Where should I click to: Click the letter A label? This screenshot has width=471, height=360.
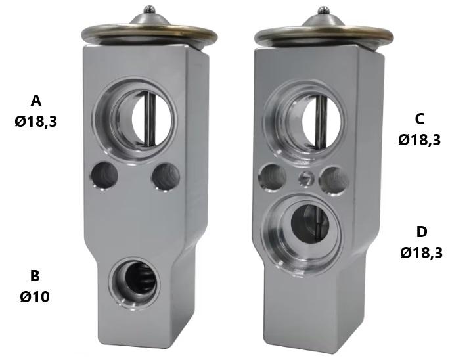click(x=35, y=101)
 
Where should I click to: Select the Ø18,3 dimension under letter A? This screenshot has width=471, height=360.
click(x=35, y=122)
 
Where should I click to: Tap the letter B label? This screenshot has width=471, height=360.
click(x=35, y=275)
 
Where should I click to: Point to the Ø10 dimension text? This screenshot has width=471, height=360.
click(x=35, y=297)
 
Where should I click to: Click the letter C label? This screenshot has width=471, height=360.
click(x=420, y=119)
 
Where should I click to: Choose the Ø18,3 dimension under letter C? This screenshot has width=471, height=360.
click(x=420, y=140)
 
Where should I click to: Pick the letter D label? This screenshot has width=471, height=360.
click(x=422, y=232)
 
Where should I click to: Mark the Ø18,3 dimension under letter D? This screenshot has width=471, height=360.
click(x=422, y=254)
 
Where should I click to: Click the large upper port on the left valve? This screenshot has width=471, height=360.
click(x=135, y=120)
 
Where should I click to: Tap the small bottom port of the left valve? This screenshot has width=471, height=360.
click(x=135, y=283)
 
